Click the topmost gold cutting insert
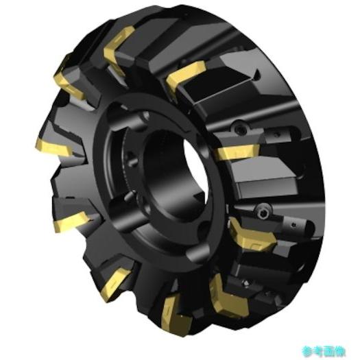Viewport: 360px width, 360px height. point(118,41)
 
